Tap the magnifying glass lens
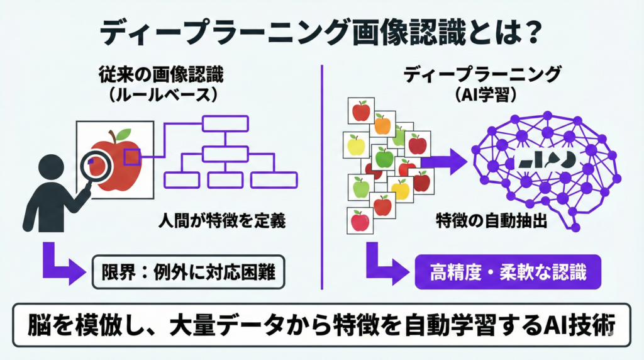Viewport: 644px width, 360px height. pos(97,162)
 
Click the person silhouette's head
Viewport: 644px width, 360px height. pos(50,171)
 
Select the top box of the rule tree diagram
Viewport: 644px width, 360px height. pos(225,123)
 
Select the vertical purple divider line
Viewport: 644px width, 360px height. pos(322,176)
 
